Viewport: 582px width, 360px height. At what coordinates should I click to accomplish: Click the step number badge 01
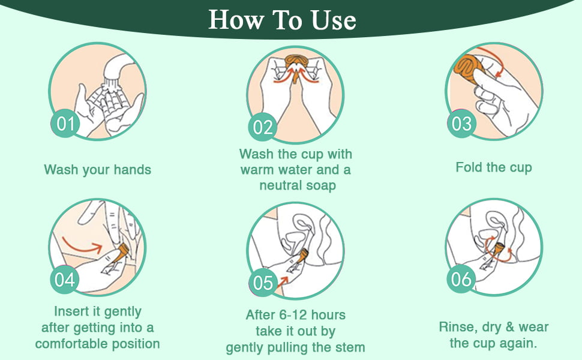pos(65,124)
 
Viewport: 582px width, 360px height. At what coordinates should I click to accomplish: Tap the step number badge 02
pos(263,127)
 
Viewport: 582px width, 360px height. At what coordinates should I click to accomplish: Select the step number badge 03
pos(461,124)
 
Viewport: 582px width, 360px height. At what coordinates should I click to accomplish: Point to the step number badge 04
pos(65,280)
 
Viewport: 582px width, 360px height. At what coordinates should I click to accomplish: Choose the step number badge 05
pos(263,283)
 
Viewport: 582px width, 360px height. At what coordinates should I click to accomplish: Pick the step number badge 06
pos(461,279)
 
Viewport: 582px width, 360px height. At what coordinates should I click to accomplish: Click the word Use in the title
pos(334,20)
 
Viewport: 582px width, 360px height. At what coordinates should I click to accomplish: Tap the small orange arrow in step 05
pos(283,281)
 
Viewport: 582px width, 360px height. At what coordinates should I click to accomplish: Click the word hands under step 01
pos(132,170)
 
